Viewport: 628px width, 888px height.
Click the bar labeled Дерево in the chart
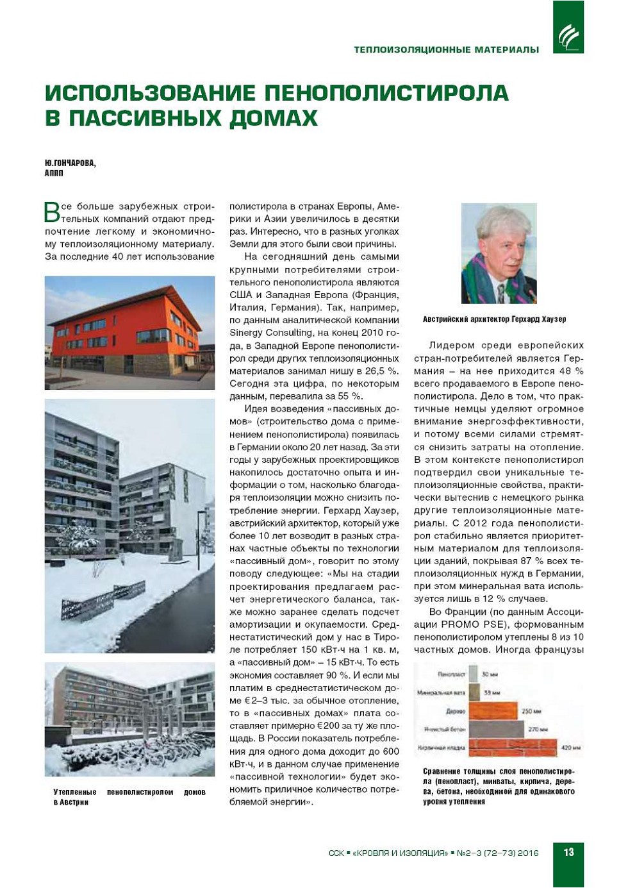(492, 710)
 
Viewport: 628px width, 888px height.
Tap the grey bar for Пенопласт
(473, 674)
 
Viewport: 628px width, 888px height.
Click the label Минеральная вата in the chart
(441, 692)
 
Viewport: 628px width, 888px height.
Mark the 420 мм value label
(570, 747)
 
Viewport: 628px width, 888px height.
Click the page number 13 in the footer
(568, 852)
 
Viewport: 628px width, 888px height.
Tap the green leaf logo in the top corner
(568, 36)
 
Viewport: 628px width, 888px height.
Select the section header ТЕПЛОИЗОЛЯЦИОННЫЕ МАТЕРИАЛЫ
(446, 49)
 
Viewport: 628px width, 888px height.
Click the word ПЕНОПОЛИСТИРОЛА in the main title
(386, 93)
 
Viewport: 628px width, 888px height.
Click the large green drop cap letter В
(52, 212)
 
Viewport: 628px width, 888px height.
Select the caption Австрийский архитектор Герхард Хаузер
(494, 319)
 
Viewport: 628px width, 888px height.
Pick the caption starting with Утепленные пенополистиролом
(129, 797)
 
